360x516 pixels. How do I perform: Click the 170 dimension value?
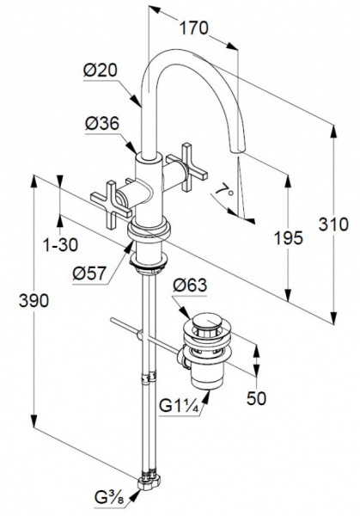[193, 28]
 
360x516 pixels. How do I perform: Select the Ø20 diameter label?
[101, 71]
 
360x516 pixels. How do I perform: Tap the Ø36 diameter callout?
[102, 123]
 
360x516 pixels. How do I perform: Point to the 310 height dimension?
[333, 224]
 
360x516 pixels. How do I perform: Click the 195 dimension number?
[289, 237]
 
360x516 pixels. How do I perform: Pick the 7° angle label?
[225, 192]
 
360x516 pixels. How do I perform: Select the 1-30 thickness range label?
[61, 244]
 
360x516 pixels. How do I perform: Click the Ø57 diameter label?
[89, 273]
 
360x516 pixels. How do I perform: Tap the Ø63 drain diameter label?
[190, 285]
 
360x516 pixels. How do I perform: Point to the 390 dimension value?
[34, 300]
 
